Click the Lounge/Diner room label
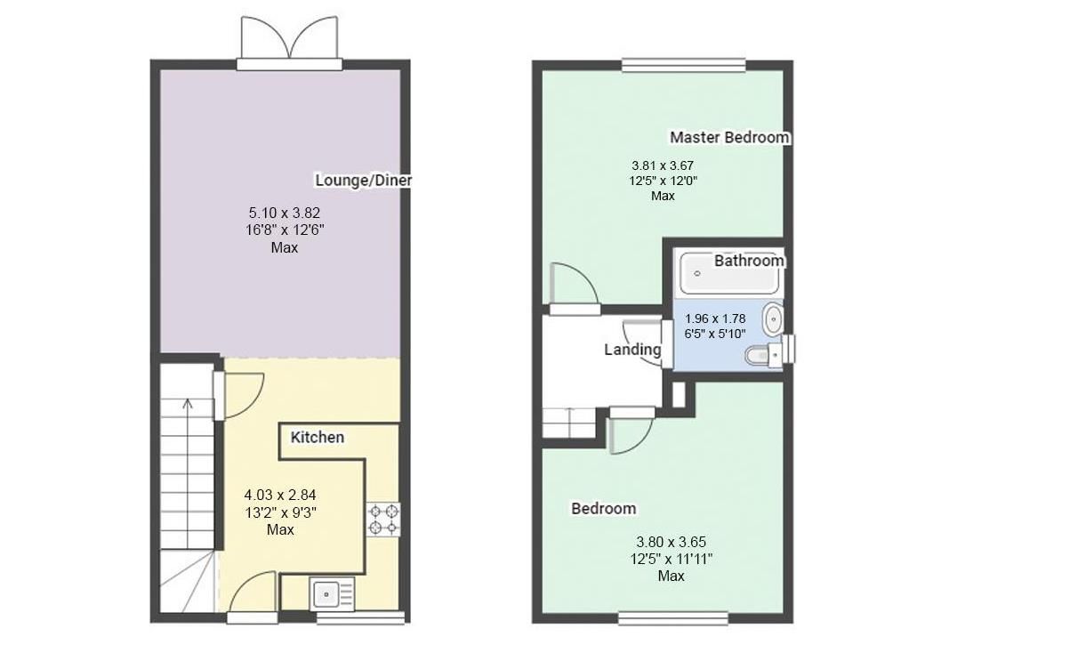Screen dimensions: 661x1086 coord(363,181)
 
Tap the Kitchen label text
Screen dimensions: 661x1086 coord(317,438)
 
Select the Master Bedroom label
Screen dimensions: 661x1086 coord(729,137)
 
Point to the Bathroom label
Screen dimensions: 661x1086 coord(749,261)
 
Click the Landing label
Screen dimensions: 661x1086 coord(632,350)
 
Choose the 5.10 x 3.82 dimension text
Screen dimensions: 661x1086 coord(284,213)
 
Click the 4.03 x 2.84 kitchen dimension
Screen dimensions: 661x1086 coord(280,495)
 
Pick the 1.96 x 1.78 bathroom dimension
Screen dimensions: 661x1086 coord(715,318)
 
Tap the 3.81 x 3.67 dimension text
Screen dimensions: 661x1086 coord(662,165)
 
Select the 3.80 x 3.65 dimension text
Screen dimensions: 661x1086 coord(671,542)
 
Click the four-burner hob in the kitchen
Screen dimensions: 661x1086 coord(383,520)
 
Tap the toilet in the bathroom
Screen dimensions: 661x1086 coord(762,357)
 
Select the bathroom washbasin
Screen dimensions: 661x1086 coord(773,318)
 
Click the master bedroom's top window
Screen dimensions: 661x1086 coord(683,64)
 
